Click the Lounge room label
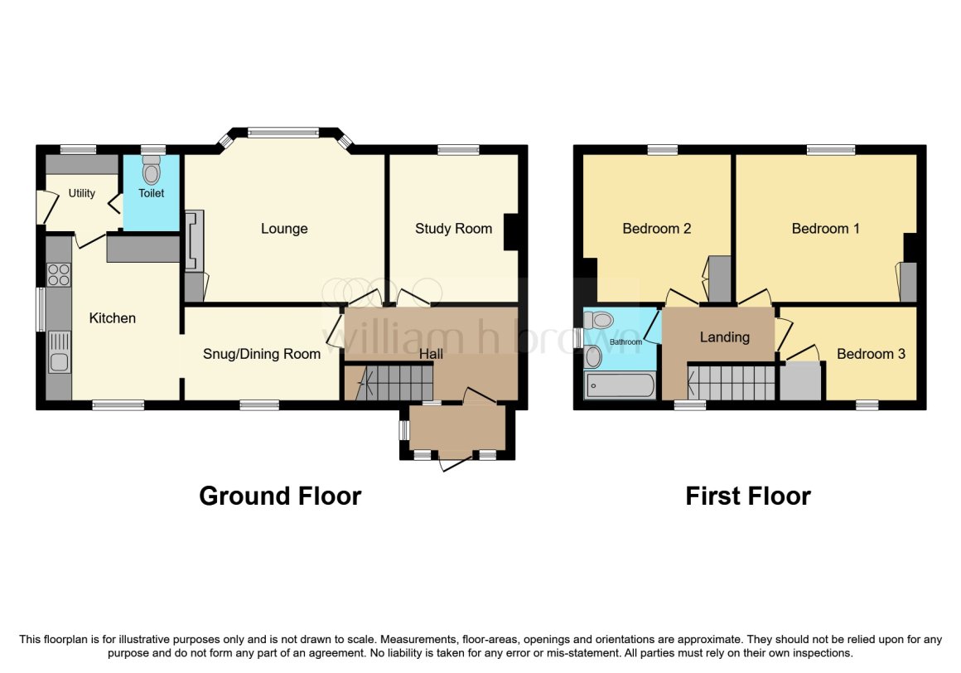284,230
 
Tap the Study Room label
453,230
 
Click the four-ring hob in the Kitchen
58,274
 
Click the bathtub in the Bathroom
621,386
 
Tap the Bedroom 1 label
826,230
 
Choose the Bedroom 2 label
656,230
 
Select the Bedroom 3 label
871,354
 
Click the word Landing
725,337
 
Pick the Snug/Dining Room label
262,354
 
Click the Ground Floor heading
280,496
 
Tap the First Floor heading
748,496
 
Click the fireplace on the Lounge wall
195,240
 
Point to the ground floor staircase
389,383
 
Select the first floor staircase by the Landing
732,382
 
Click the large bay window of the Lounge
284,131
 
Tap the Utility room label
81,194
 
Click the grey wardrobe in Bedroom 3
800,381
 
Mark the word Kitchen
112,318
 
